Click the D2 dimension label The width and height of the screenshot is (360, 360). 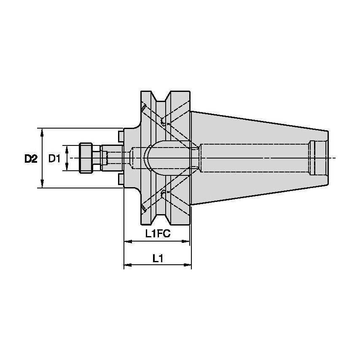[30, 159]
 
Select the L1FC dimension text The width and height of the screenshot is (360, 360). [158, 234]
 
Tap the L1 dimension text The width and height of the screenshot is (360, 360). [158, 258]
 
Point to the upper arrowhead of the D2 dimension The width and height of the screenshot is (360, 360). [42, 132]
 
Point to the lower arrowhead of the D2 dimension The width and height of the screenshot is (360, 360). [42, 184]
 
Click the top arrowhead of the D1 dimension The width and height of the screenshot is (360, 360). [66, 148]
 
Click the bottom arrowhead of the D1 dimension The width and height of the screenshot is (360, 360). [66, 168]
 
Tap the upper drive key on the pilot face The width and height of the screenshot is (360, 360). [121, 136]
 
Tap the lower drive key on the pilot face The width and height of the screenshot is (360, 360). [121, 180]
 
